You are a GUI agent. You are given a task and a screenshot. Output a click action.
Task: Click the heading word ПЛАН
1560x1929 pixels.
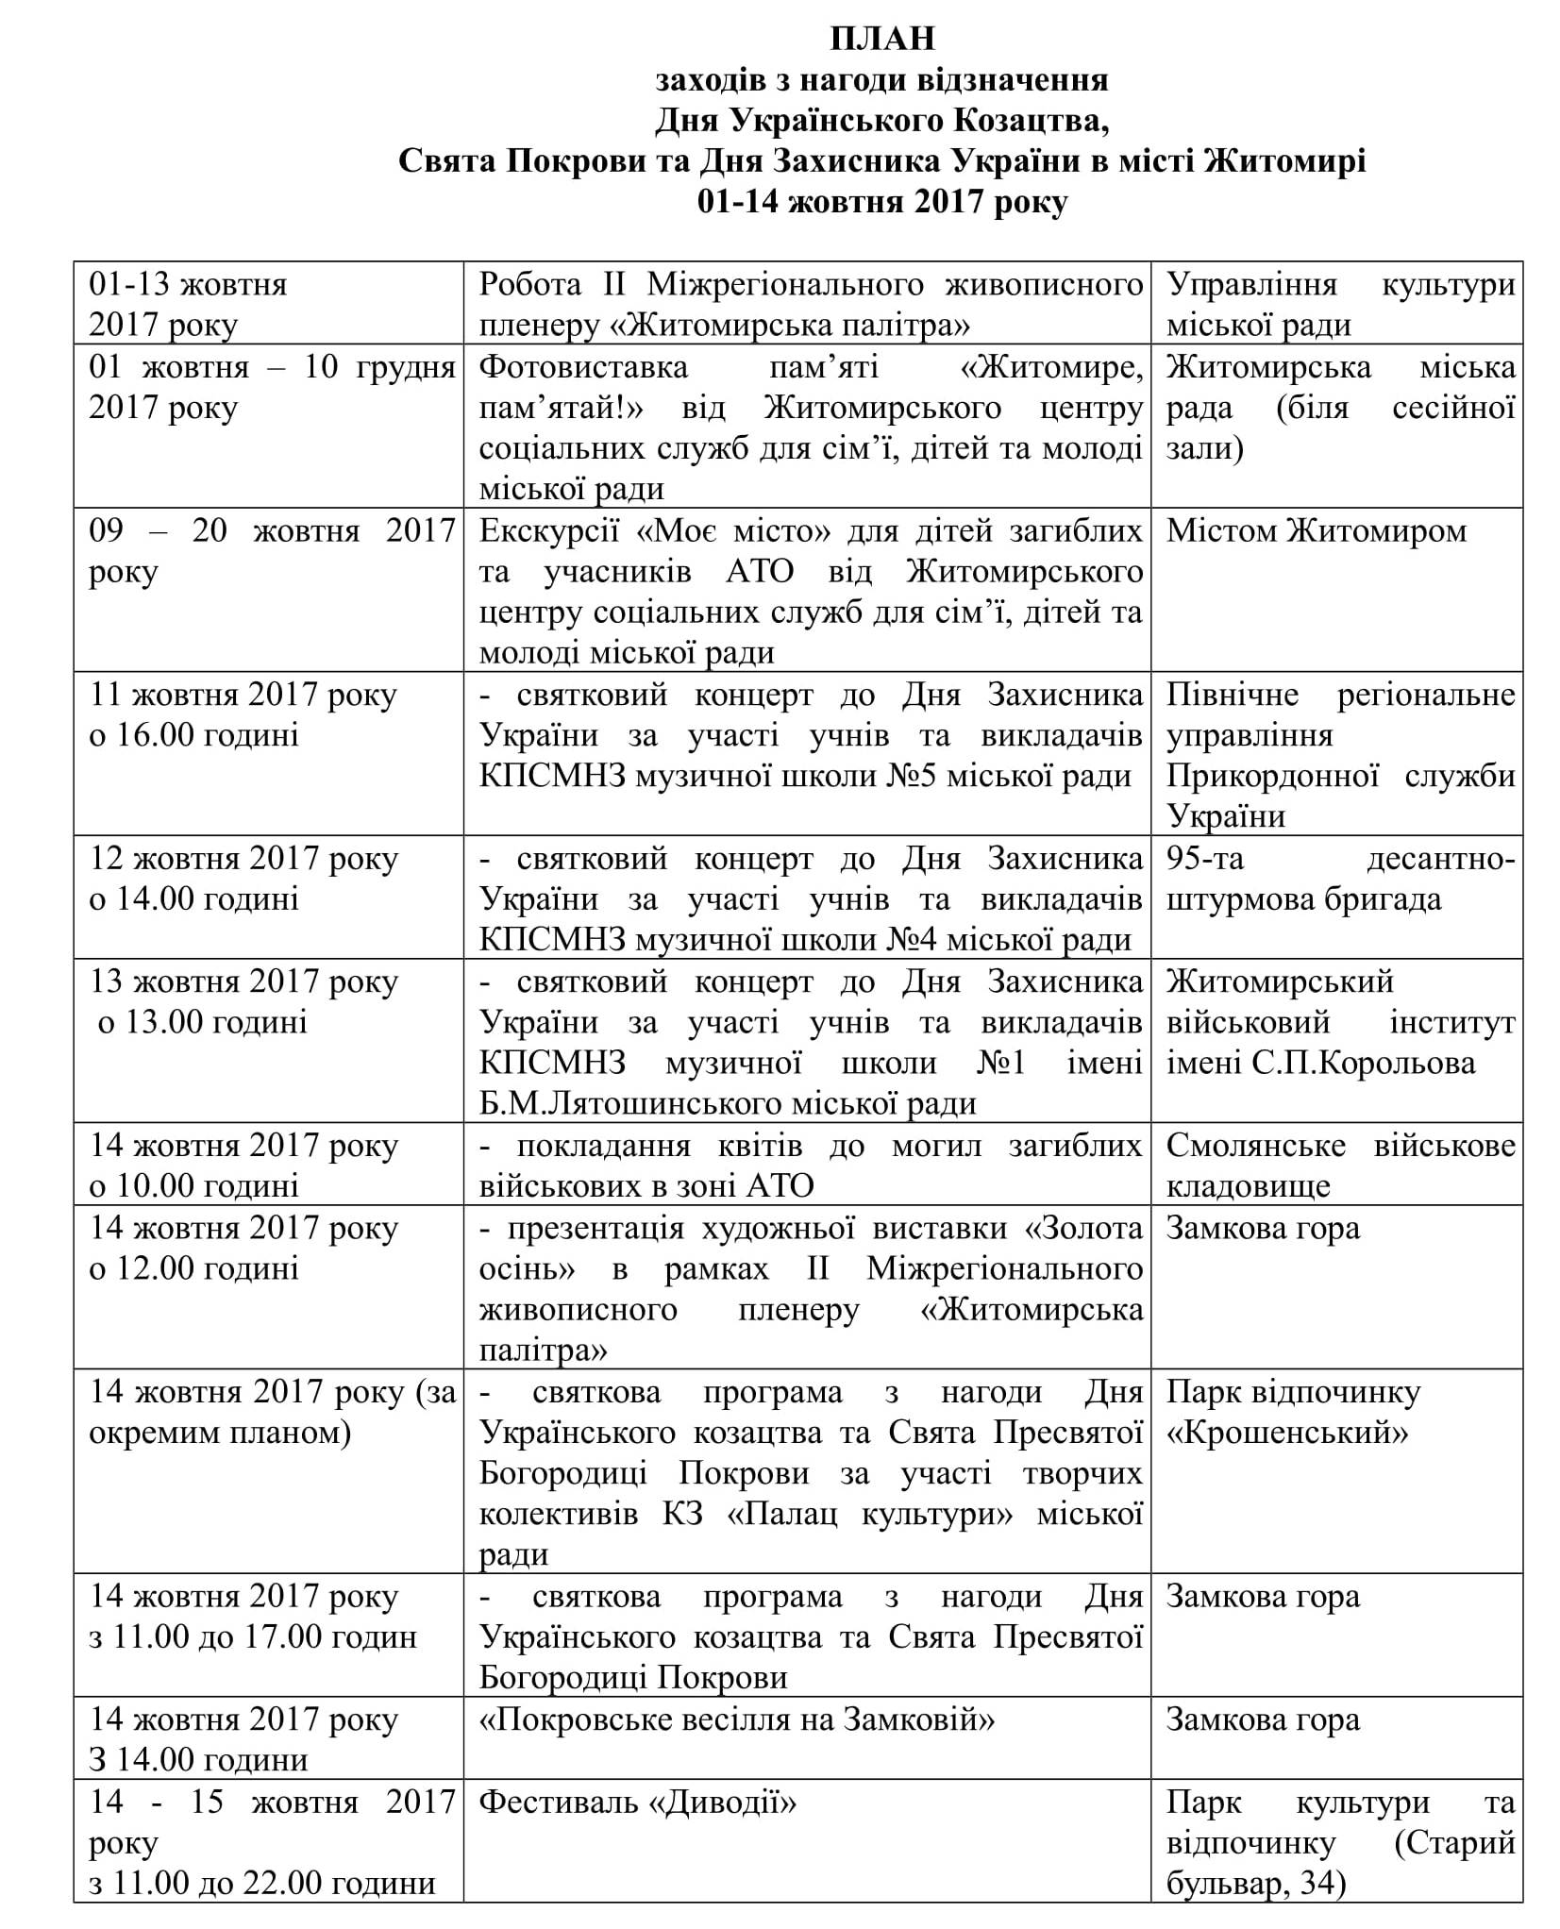[882, 38]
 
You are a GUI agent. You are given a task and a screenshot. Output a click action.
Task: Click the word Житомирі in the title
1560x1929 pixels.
[1284, 161]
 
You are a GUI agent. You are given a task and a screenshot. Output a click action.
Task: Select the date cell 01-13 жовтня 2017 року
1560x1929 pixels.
[188, 304]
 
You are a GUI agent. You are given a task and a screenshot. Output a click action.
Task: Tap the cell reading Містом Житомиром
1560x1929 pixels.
[1316, 531]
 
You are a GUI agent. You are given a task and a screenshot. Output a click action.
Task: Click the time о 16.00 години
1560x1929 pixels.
[193, 735]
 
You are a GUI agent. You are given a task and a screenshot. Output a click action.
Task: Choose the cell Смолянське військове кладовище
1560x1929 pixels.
[1340, 1165]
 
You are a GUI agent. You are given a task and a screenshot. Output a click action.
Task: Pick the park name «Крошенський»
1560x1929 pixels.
[1287, 1433]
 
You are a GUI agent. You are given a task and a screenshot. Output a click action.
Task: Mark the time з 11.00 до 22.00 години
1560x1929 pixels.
[261, 1884]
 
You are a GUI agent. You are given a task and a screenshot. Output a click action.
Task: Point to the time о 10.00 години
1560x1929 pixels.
[193, 1185]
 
